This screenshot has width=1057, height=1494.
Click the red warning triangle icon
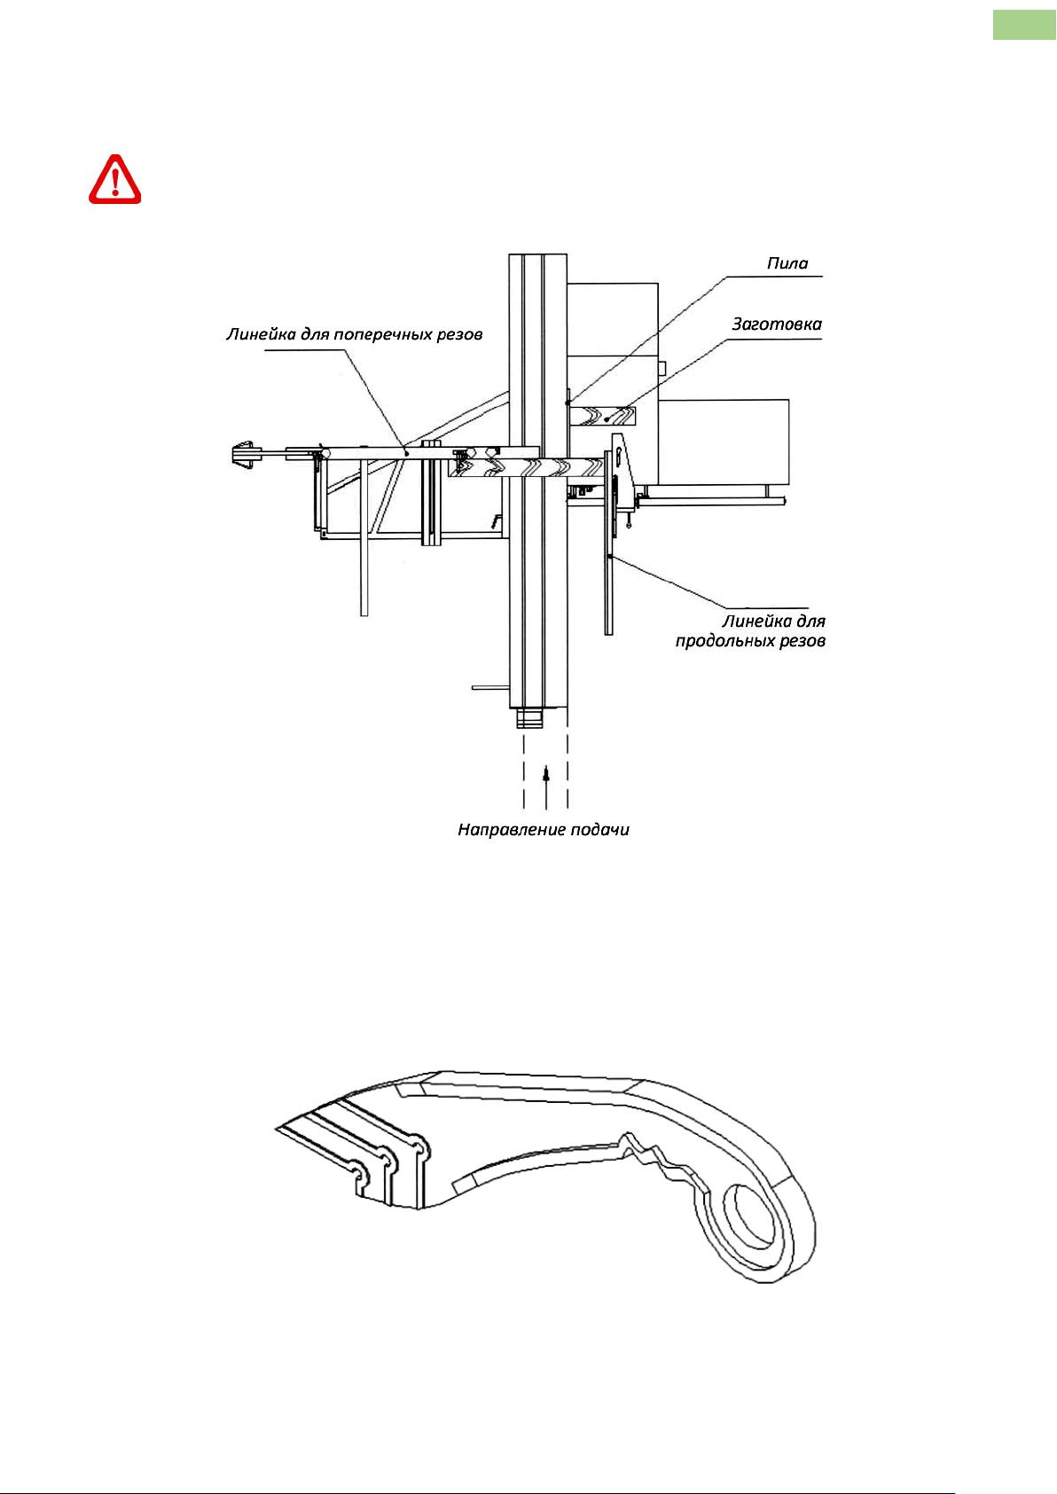pos(115,179)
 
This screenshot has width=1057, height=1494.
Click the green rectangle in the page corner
pos(1024,25)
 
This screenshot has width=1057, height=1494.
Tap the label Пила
pos(787,263)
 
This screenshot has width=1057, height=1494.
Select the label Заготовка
pos(777,325)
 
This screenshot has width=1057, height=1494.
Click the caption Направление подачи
pos(544,830)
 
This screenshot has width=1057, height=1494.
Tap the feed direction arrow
pos(546,789)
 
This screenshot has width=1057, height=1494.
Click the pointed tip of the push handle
pos(276,1129)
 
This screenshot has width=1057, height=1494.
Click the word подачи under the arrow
pos(599,831)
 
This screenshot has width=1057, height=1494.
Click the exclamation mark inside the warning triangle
pos(115,181)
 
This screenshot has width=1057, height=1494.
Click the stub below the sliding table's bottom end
pos(530,719)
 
